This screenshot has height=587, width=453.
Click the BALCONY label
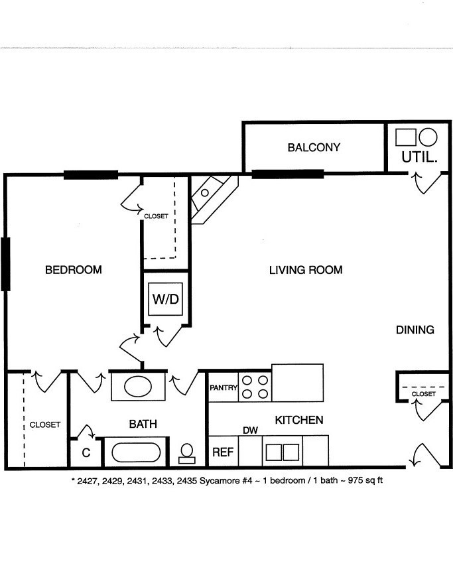(314, 147)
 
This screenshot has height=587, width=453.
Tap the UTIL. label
(419, 157)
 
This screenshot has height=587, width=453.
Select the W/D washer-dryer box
(165, 299)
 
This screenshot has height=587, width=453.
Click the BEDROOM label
(74, 269)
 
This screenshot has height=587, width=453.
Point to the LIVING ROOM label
(306, 270)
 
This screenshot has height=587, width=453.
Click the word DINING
(415, 330)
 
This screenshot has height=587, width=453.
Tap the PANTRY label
(224, 388)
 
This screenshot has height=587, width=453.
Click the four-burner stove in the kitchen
(255, 387)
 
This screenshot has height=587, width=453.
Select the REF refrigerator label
(223, 452)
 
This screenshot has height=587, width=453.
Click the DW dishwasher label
(251, 430)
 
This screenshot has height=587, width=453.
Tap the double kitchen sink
(283, 452)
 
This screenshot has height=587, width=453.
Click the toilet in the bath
(187, 454)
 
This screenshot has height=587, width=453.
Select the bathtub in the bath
(136, 452)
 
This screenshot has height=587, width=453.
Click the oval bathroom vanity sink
(138, 386)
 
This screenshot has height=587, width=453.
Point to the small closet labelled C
(86, 452)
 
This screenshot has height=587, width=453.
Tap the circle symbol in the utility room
(428, 137)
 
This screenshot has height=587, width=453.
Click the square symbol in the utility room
(406, 137)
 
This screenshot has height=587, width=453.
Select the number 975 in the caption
(355, 480)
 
